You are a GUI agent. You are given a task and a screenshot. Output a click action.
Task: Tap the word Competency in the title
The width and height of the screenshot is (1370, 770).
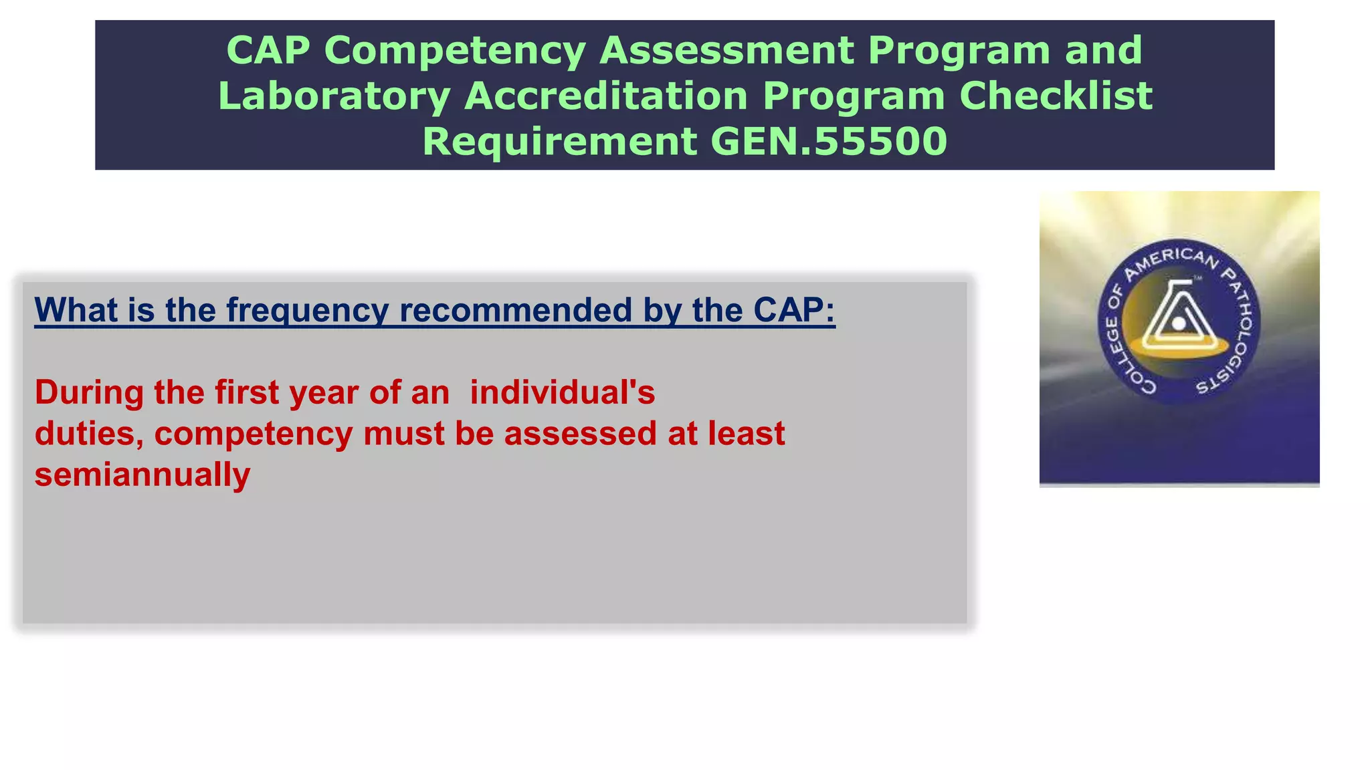(x=455, y=51)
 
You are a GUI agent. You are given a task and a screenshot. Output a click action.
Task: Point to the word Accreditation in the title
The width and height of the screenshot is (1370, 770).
(x=605, y=96)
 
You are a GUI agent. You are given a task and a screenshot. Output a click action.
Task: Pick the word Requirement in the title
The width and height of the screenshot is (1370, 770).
(x=559, y=142)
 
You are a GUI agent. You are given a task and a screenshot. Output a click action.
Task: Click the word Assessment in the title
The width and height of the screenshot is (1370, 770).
(x=726, y=51)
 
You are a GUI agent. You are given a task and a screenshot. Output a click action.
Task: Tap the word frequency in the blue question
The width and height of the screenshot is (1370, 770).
(x=307, y=311)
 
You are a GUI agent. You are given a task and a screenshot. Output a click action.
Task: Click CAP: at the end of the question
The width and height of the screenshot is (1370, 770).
(x=794, y=311)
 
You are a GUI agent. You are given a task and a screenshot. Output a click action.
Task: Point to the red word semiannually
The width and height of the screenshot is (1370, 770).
(x=142, y=475)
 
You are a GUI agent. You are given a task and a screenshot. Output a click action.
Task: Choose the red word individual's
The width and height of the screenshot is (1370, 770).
(x=562, y=392)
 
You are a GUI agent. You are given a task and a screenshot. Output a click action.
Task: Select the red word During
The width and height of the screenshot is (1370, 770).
(x=89, y=392)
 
